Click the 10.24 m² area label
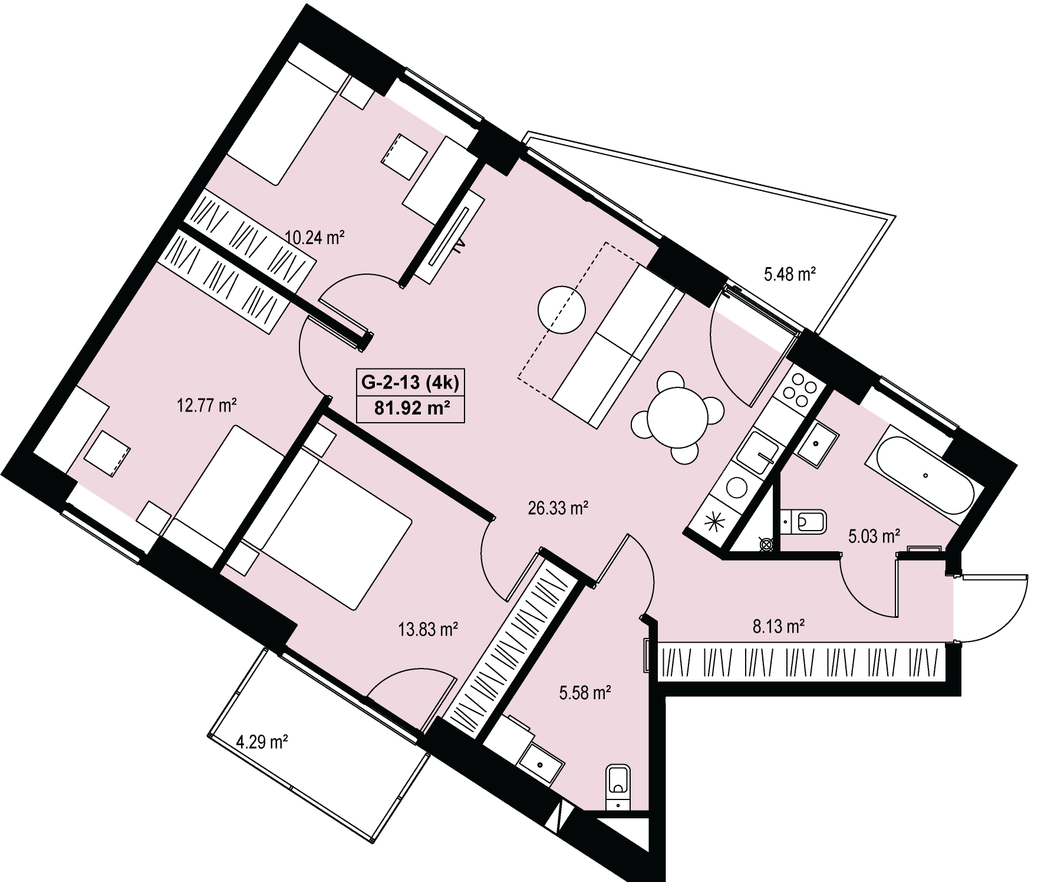(314, 238)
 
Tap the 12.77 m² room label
(207, 406)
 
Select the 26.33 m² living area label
(558, 508)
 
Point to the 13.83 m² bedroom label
(429, 630)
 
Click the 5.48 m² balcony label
(790, 274)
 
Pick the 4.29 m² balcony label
(262, 741)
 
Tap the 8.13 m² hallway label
(779, 626)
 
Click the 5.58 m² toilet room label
(584, 693)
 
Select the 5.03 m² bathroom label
(874, 536)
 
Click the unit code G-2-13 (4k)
(410, 383)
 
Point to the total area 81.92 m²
(410, 408)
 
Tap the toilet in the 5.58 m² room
(618, 789)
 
